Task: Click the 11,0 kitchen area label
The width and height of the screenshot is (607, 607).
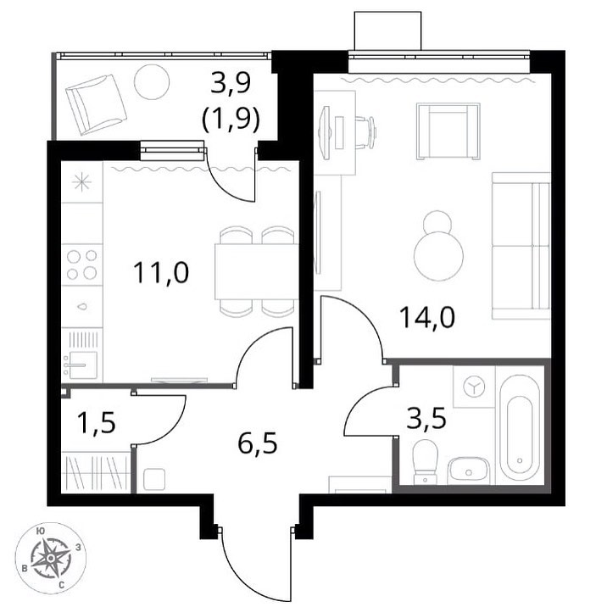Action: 161,272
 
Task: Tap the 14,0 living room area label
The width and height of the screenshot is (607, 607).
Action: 427,317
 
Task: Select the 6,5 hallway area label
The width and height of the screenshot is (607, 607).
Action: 258,443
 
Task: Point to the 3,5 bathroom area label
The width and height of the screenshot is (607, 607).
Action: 426,419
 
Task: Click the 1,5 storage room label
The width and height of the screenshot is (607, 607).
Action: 97,422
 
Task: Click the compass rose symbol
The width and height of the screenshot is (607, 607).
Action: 51,558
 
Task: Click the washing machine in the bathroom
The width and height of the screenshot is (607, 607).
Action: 474,387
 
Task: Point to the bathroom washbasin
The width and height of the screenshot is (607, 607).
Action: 469,471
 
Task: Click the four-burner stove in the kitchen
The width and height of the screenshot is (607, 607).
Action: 81,265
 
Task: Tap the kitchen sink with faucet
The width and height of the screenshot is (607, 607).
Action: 81,364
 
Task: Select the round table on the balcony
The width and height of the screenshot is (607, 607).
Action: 152,82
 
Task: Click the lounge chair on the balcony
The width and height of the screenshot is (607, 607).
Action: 96,104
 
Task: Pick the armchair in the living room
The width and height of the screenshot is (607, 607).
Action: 448,131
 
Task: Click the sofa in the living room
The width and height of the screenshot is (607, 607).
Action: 521,246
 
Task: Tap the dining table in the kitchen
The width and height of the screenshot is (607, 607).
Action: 256,271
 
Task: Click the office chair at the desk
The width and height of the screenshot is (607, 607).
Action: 365,132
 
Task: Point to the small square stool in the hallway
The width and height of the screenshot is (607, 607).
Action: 154,480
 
